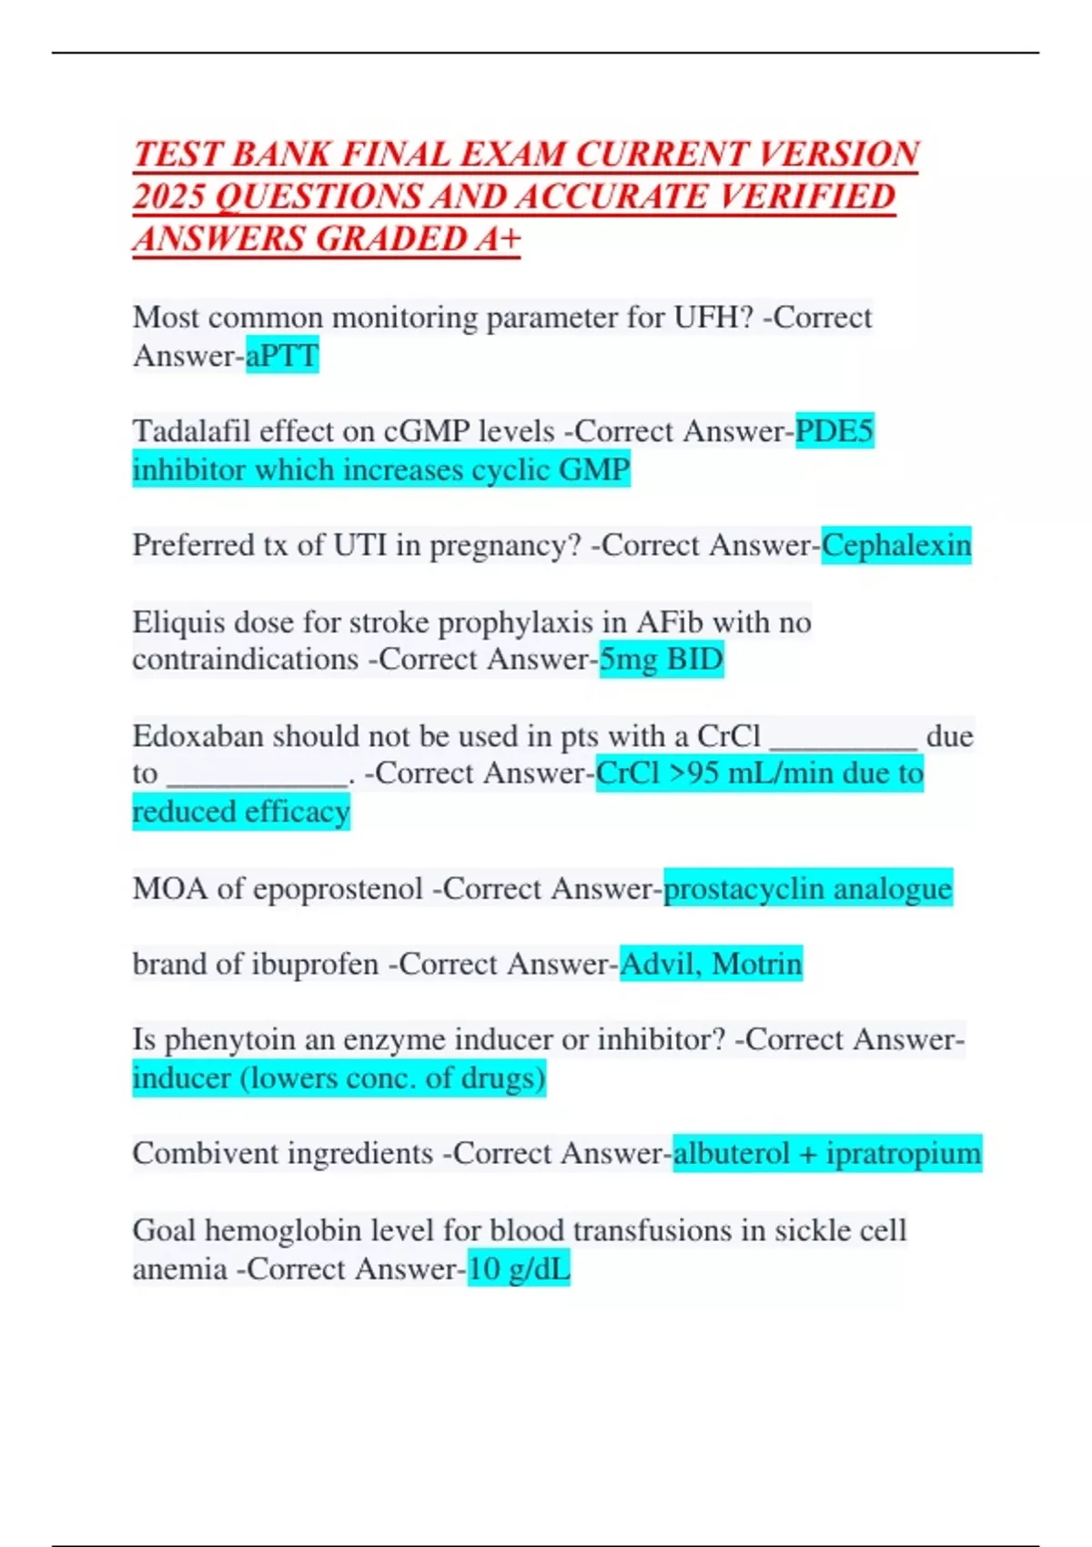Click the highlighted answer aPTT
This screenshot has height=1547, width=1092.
(282, 356)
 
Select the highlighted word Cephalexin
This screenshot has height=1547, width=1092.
(896, 546)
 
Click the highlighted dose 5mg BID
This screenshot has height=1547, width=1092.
(662, 659)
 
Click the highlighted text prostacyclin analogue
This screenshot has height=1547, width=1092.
(808, 888)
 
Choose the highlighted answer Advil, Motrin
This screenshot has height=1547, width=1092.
(711, 964)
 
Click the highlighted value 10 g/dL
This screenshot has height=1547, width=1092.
(519, 1269)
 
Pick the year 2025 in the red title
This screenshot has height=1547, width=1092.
(169, 197)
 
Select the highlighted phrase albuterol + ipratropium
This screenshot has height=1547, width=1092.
(827, 1154)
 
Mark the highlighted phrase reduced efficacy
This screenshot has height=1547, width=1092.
(241, 812)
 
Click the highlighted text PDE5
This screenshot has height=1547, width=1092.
(834, 431)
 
